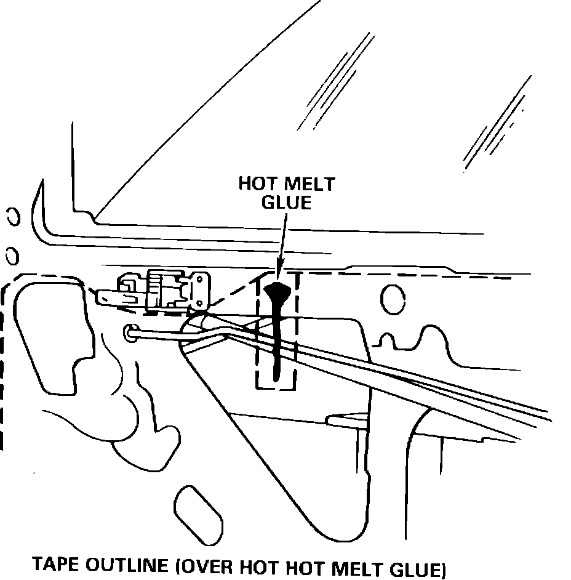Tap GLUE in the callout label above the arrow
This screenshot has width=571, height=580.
287,202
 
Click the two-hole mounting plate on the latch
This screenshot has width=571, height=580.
200,290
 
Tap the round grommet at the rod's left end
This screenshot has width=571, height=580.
131,332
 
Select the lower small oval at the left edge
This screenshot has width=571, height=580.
10,255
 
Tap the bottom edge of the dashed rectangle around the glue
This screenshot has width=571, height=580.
276,389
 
